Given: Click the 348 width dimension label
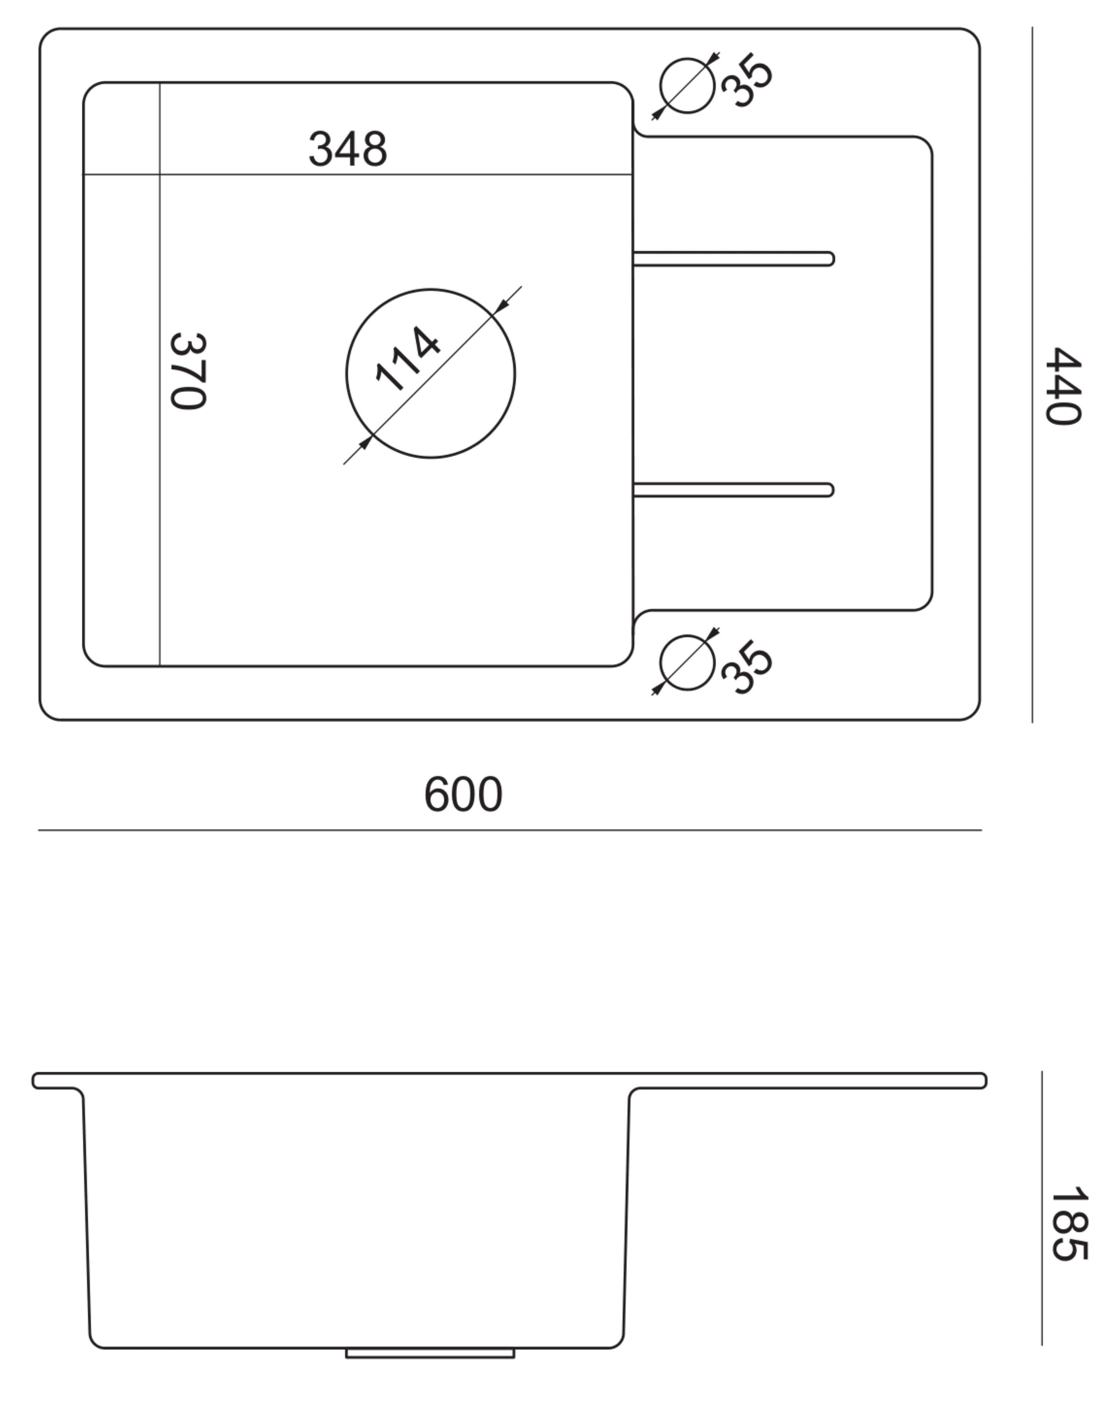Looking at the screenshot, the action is coord(347,149).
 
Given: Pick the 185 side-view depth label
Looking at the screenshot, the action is coord(1069,1224).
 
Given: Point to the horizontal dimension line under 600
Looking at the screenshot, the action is coord(510,830).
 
